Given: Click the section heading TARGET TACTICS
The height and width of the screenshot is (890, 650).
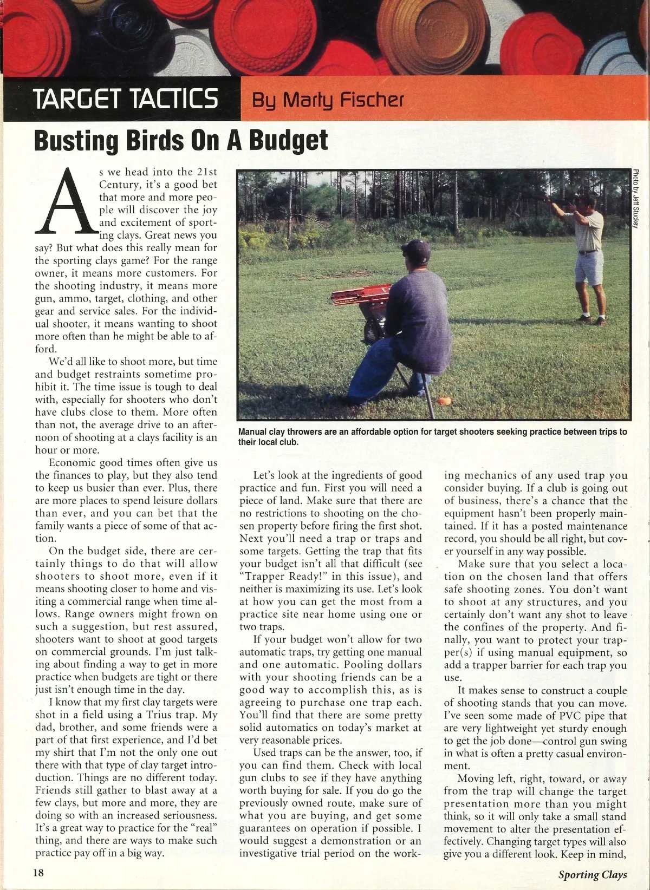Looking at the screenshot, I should [x=126, y=99].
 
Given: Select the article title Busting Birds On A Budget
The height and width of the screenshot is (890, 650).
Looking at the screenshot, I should [x=181, y=140].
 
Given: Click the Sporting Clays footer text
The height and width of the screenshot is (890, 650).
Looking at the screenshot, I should [x=593, y=874].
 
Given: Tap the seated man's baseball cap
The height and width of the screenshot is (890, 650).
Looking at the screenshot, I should [x=418, y=250].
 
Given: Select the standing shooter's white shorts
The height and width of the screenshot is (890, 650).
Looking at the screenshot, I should [x=589, y=268].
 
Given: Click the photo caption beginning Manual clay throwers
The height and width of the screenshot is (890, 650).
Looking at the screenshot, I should [x=432, y=436].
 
